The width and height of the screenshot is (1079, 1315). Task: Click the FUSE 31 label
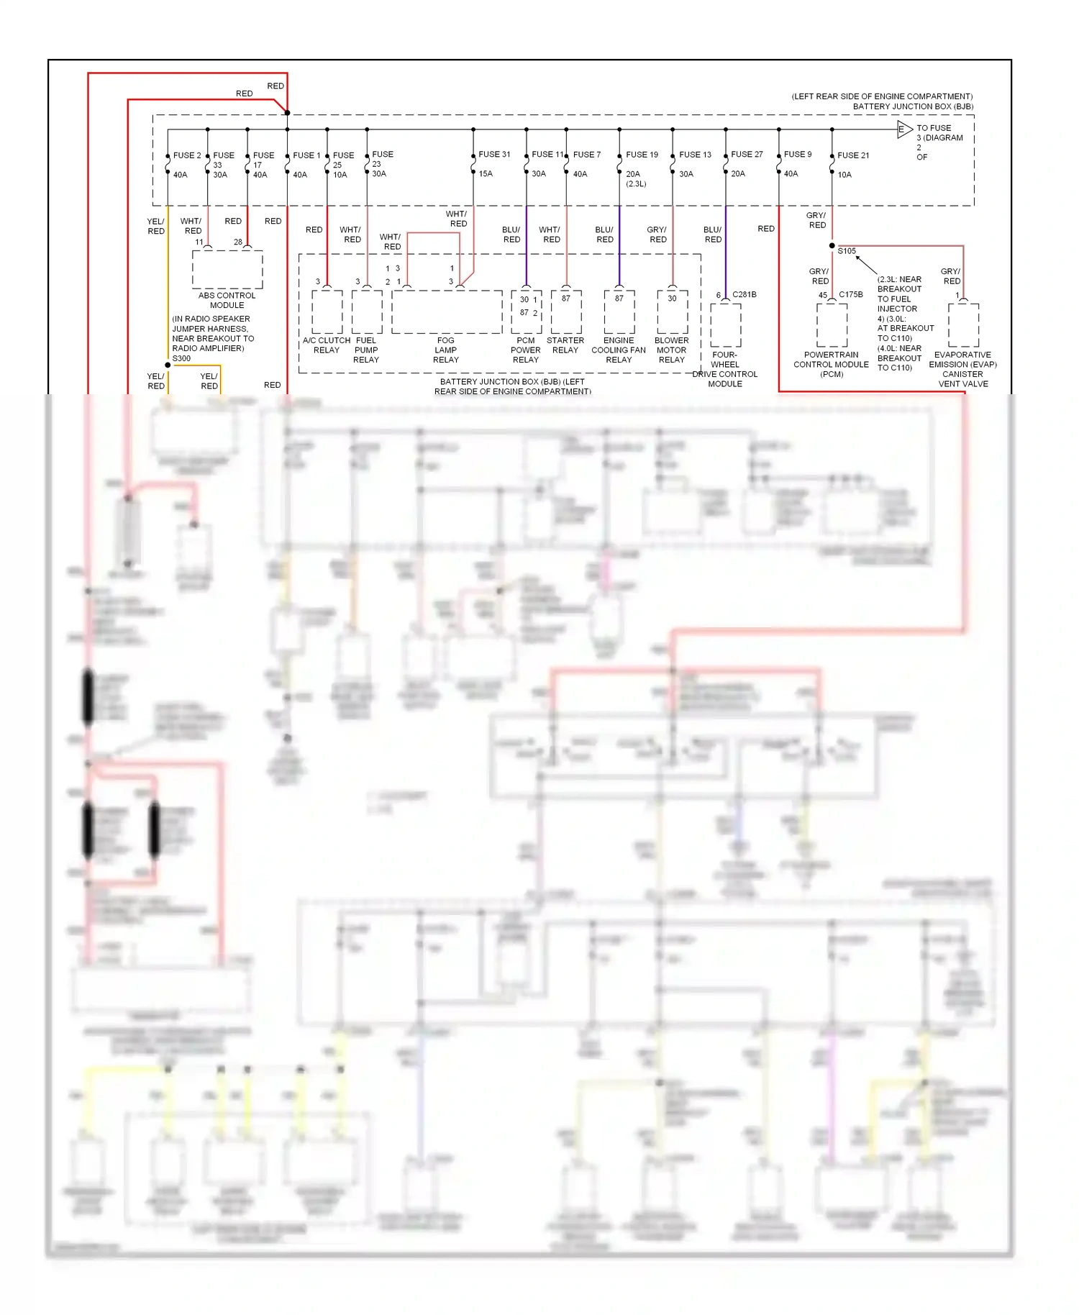click(x=494, y=155)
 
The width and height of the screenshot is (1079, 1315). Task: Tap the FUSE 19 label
click(x=642, y=155)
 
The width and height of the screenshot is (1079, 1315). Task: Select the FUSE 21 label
click(x=853, y=155)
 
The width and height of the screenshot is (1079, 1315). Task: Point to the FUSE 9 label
click(x=798, y=155)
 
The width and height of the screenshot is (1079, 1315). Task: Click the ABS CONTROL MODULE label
click(x=227, y=300)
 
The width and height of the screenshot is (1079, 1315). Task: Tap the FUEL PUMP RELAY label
click(x=366, y=350)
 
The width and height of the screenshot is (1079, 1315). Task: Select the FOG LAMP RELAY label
click(x=446, y=350)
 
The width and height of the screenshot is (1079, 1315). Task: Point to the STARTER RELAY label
click(x=565, y=345)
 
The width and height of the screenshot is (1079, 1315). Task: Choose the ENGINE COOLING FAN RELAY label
click(x=619, y=350)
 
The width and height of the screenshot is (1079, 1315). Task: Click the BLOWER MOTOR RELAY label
click(x=672, y=350)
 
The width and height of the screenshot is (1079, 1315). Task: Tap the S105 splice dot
click(x=832, y=246)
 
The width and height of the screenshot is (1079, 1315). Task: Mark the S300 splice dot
click(x=168, y=365)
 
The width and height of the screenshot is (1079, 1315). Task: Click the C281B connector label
click(x=745, y=295)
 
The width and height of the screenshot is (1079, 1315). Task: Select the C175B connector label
click(x=850, y=295)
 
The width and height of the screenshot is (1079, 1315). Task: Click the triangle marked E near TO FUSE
click(x=903, y=129)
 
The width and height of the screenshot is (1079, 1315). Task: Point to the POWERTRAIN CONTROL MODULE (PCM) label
click(x=832, y=365)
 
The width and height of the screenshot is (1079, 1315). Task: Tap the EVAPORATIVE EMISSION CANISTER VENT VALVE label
click(x=962, y=369)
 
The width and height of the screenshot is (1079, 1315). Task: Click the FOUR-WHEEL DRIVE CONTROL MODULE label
click(x=725, y=369)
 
